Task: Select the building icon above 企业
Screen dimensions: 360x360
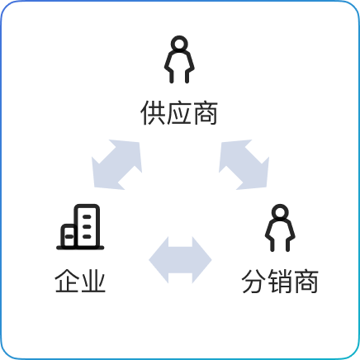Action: point(80,227)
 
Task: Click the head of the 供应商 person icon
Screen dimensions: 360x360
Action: point(179,44)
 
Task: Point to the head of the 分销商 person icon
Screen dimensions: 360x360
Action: point(280,212)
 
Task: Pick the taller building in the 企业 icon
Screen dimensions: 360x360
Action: point(87,225)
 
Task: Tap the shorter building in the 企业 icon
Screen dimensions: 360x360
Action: point(68,235)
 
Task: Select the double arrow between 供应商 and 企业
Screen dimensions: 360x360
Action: point(116,164)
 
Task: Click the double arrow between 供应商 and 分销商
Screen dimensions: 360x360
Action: point(244,164)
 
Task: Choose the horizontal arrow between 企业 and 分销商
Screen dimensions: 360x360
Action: point(180,260)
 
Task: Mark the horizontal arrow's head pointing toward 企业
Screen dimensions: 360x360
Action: point(159,260)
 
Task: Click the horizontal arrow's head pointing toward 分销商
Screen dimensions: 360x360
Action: point(201,260)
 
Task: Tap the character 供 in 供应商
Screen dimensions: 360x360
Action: point(153,113)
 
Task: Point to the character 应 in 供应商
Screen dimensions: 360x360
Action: point(179,113)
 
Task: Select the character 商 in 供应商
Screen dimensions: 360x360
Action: point(205,113)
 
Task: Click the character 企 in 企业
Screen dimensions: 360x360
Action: point(67,281)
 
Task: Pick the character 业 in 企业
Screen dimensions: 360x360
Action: point(93,281)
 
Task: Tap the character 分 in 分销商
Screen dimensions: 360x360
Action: point(254,281)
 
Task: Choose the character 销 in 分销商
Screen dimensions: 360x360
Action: point(280,281)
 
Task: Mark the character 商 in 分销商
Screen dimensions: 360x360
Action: point(306,281)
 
